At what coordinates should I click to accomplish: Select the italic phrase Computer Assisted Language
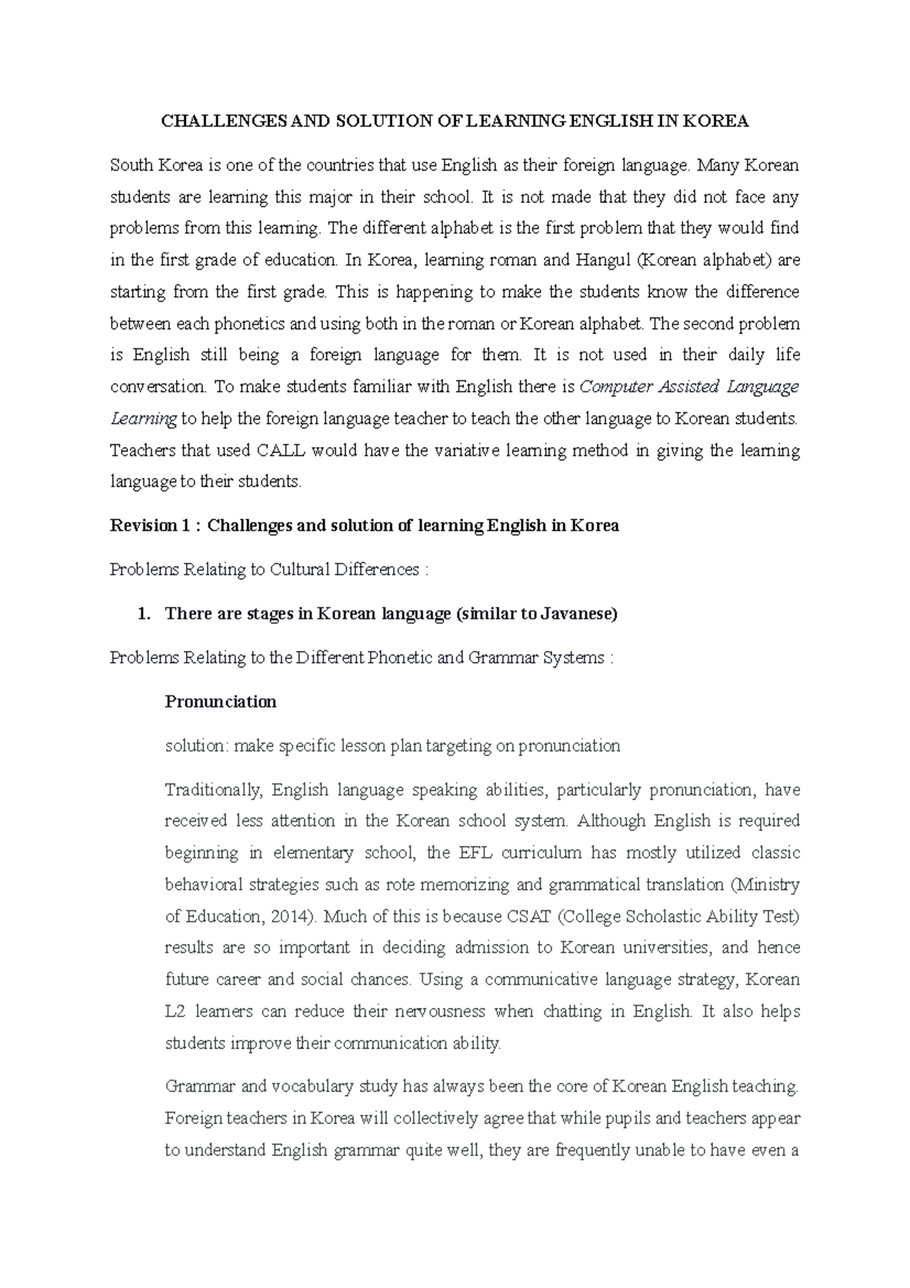689,387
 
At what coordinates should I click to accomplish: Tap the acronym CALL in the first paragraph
281,451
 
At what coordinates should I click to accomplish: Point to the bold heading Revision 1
149,526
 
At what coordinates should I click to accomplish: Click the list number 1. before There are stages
145,614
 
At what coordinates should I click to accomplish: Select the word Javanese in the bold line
577,614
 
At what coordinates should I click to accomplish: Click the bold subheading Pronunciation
221,702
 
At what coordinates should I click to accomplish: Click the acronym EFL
475,853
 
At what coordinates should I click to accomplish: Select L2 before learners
175,1011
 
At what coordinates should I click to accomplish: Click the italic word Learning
143,419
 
